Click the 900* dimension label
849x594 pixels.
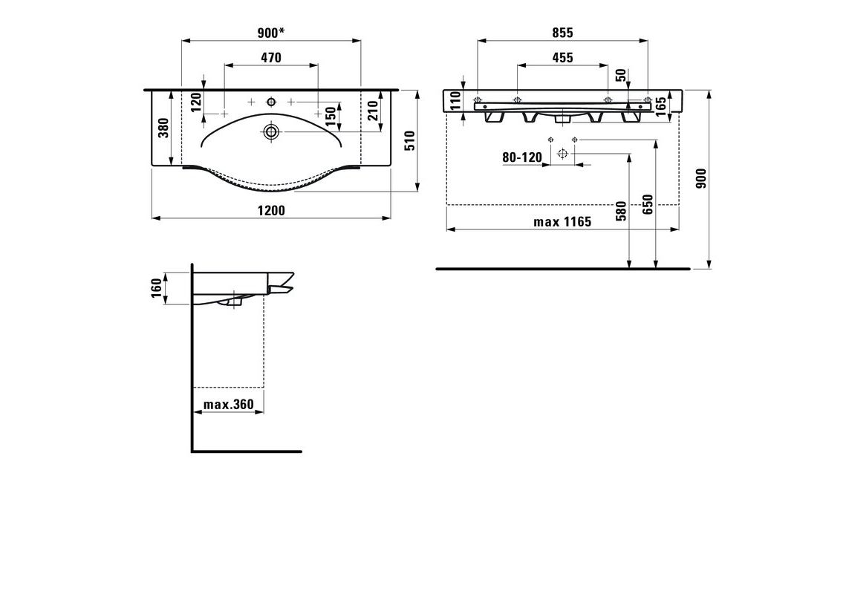pos(270,33)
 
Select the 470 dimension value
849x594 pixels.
pos(270,57)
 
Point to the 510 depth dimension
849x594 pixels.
pos(410,141)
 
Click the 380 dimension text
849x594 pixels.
pos(164,128)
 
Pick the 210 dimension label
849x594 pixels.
pos(373,111)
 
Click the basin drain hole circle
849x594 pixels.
pos(270,131)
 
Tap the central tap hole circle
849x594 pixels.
pos(270,101)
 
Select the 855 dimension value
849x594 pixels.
pos(562,33)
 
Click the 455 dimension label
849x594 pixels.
pos(562,57)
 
